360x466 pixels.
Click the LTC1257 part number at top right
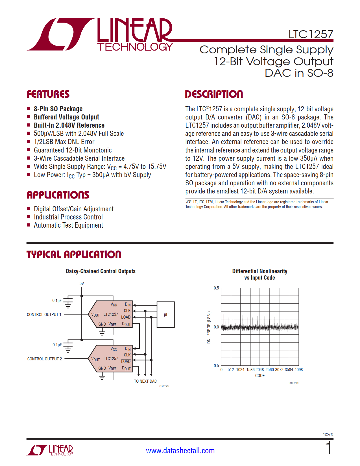(x=311, y=34)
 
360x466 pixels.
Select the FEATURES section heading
(x=48, y=94)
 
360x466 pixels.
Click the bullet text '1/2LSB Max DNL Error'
(x=64, y=142)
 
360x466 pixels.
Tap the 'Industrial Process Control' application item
(x=68, y=217)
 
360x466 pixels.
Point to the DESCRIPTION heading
(x=214, y=94)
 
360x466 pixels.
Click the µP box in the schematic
(x=166, y=315)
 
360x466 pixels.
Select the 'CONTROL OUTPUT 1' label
(x=44, y=315)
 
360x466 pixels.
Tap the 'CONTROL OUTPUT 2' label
(x=44, y=359)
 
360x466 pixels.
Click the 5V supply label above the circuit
(x=82, y=284)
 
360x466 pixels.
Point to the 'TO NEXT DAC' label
(x=145, y=381)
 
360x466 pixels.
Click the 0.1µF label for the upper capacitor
(x=57, y=300)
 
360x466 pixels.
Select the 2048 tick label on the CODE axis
(x=259, y=370)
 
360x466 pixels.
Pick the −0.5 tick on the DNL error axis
(x=215, y=366)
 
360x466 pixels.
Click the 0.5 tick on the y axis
(x=216, y=288)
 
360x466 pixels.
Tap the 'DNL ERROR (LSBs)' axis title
(x=209, y=327)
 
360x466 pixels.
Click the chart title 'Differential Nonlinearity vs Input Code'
(x=259, y=274)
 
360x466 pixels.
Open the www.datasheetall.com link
(x=180, y=451)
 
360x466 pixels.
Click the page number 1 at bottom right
(x=328, y=448)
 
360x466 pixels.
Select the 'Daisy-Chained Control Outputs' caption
(x=101, y=271)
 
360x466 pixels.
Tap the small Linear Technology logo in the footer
(x=50, y=450)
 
